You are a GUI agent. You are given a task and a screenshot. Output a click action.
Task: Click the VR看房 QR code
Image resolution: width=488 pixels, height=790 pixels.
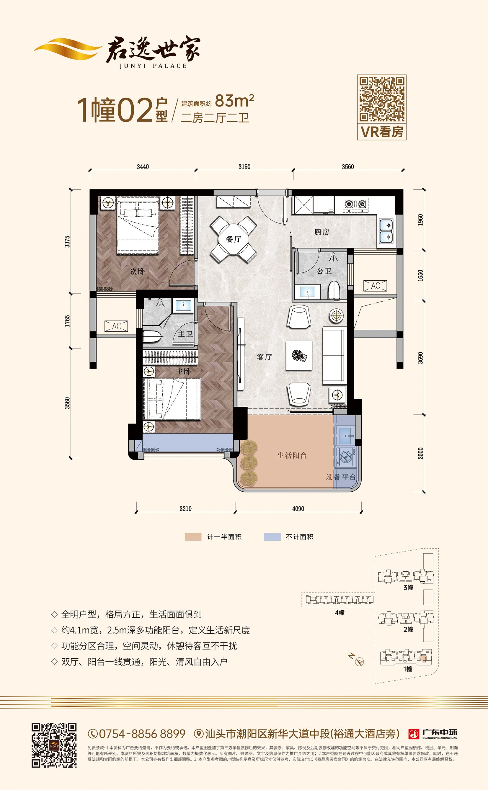point(382,99)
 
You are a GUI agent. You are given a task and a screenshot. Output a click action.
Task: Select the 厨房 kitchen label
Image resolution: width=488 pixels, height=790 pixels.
point(322,232)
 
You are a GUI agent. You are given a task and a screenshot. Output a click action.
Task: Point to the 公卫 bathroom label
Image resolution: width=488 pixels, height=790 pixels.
point(324,271)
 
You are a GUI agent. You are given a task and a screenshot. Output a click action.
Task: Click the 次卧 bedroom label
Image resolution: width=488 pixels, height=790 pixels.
point(137,271)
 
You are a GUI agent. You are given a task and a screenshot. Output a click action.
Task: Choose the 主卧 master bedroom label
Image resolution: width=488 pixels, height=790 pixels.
point(183,372)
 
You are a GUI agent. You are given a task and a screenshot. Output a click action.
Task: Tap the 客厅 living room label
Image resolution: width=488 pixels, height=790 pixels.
point(264,357)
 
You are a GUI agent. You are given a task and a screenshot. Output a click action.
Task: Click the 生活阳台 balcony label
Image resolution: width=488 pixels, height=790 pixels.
point(292,455)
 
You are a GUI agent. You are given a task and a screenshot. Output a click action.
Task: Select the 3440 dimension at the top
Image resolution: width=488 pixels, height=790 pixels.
point(143,166)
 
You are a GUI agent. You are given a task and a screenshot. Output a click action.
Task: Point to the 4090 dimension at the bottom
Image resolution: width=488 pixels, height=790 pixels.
point(298,508)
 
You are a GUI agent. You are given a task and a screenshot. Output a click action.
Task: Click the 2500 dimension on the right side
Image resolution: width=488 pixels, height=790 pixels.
point(420,453)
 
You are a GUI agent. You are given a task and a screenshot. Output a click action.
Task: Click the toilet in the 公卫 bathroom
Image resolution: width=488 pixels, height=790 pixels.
point(334,290)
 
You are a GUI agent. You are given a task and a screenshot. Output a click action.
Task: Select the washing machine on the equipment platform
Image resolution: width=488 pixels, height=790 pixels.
point(346,457)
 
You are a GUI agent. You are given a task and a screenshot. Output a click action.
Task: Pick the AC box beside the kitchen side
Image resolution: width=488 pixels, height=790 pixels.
point(375,286)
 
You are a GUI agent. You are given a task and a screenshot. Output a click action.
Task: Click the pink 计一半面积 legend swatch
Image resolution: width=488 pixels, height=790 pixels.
point(193,537)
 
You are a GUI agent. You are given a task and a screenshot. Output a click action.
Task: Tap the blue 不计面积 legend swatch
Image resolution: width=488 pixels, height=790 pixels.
point(272,537)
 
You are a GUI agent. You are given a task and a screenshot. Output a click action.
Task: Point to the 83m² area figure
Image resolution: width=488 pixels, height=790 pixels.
point(234,101)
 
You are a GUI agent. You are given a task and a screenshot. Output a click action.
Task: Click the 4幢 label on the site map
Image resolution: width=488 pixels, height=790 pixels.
point(340,613)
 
